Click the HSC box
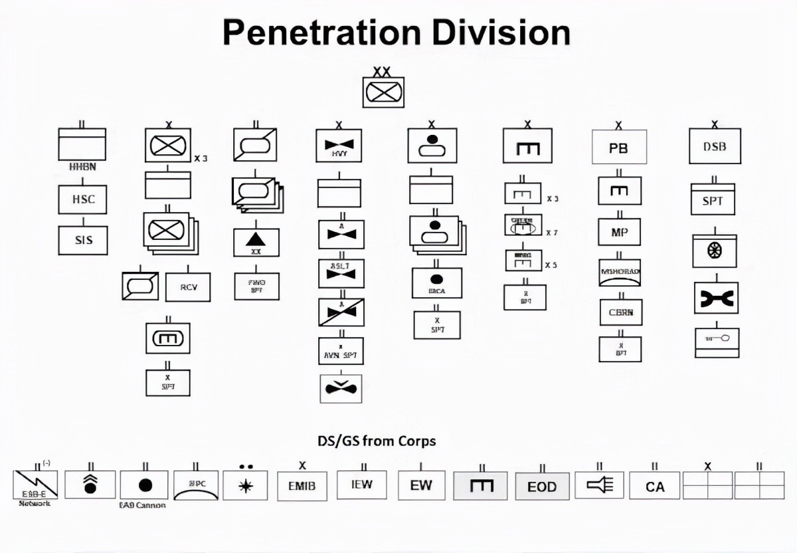tap(82, 199)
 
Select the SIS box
tap(82, 240)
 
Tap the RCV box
tap(188, 287)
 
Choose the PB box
tap(619, 148)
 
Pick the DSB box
tap(715, 146)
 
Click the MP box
tap(620, 232)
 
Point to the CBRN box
tap(621, 312)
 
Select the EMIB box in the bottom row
tap(302, 486)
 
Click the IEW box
tap(361, 485)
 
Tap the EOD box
tap(542, 487)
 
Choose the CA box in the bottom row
tap(655, 487)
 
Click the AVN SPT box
tap(341, 355)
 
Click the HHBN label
tap(82, 167)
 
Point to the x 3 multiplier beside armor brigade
tap(201, 158)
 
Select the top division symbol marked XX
tap(383, 91)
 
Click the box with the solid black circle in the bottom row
tap(145, 485)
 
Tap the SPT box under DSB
tap(713, 200)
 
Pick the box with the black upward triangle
tap(256, 242)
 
